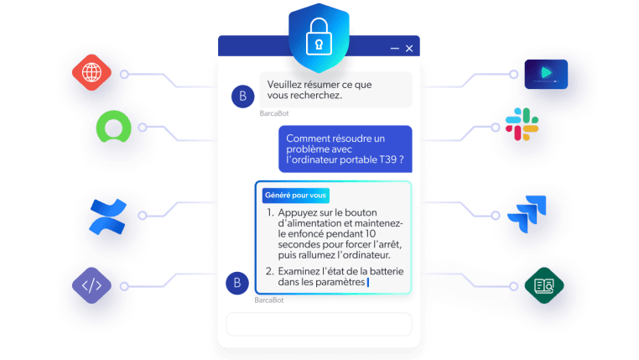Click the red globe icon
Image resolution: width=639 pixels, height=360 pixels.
click(x=91, y=72)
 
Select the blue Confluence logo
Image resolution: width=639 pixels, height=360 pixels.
click(x=108, y=217)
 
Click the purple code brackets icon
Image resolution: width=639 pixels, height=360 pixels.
click(x=91, y=285)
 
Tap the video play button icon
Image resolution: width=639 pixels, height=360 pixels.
click(x=546, y=74)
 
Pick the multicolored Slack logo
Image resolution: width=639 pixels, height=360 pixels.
click(x=522, y=124)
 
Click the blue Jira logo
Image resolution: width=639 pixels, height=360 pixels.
click(x=527, y=214)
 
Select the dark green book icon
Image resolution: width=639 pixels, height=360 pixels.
click(x=544, y=285)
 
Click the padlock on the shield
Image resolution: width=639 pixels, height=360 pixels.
click(x=319, y=37)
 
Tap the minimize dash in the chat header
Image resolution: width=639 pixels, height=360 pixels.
click(x=394, y=49)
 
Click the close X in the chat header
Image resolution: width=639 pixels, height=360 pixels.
click(x=409, y=49)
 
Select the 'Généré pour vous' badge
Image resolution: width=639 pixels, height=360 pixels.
click(x=295, y=196)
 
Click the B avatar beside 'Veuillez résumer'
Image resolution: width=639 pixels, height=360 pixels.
click(x=243, y=97)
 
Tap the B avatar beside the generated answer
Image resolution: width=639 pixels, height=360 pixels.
click(x=237, y=283)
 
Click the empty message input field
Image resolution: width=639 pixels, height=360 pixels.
click(x=319, y=324)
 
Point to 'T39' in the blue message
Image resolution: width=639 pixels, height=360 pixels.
click(x=388, y=159)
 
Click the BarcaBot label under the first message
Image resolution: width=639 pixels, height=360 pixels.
click(x=274, y=113)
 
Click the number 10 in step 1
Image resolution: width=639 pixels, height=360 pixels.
click(x=371, y=234)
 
